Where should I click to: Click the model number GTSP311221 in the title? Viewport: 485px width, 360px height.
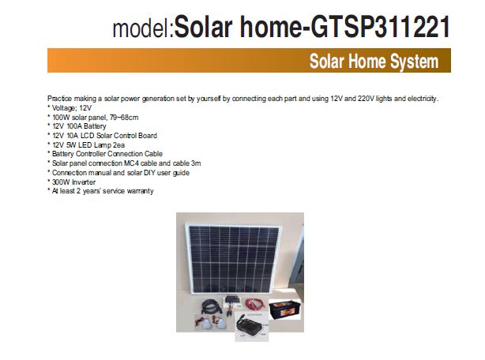click(x=380, y=27)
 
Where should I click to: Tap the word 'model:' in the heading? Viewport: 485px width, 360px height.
click(x=144, y=28)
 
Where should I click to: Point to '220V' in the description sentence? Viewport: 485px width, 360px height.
click(x=366, y=99)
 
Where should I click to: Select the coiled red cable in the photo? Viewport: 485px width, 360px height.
click(x=255, y=305)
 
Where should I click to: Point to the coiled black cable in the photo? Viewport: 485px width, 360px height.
click(x=211, y=306)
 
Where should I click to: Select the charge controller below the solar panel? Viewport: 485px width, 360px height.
click(x=231, y=300)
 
